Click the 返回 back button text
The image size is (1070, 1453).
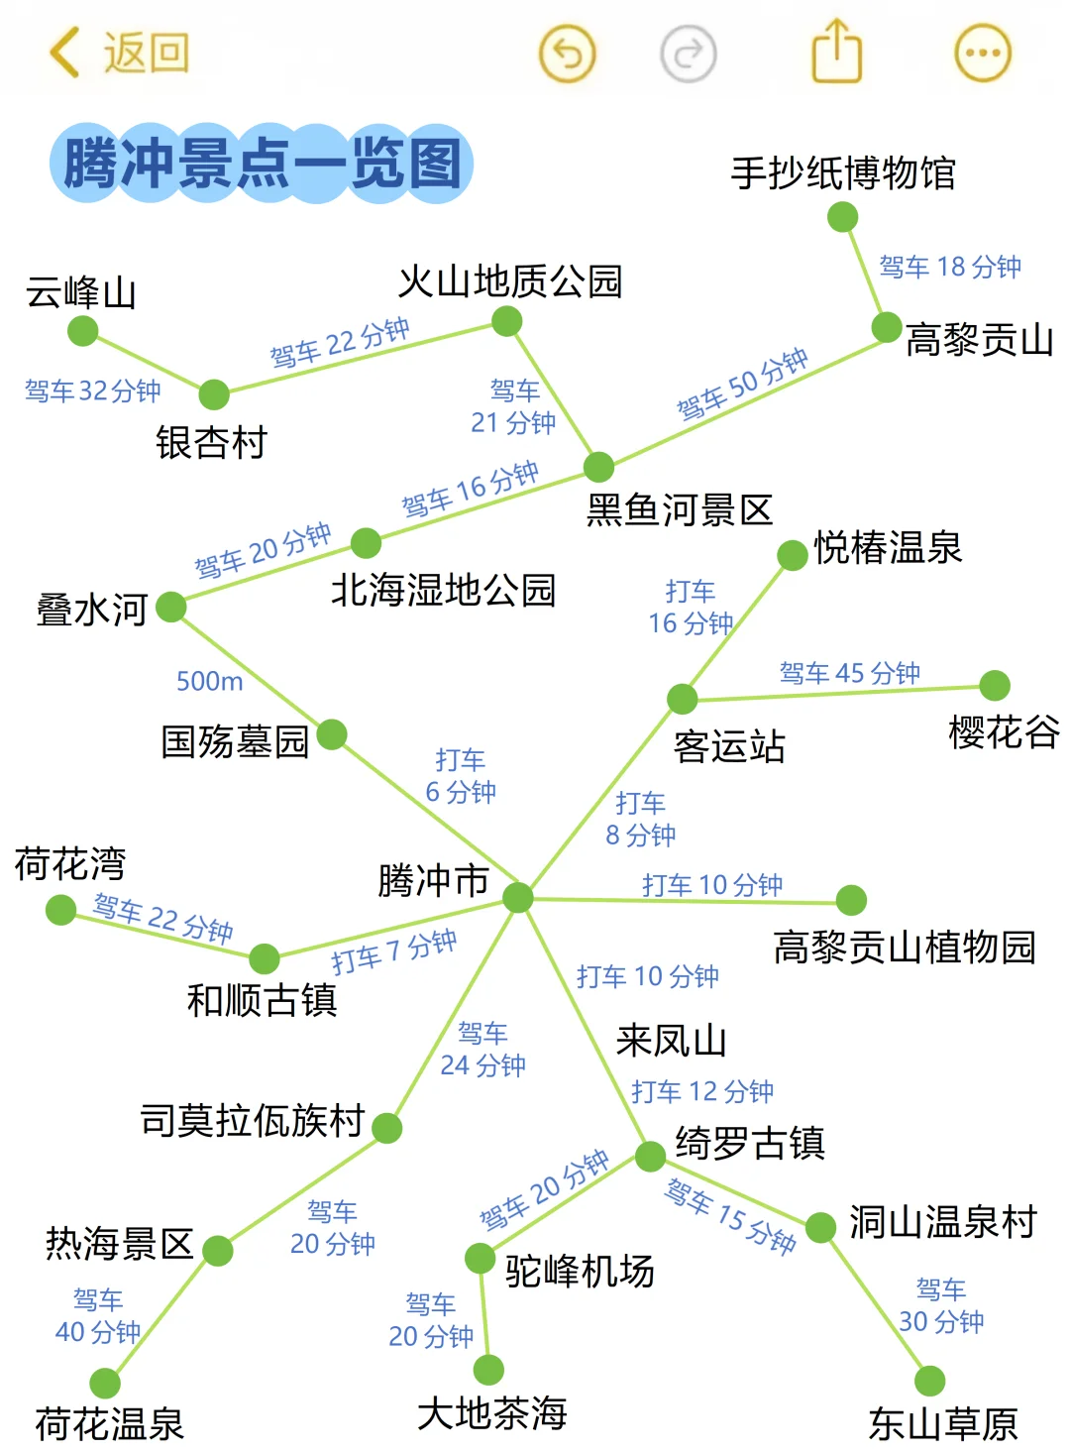pos(146,53)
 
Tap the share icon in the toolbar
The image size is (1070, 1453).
pos(837,52)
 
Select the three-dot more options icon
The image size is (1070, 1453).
pos(982,53)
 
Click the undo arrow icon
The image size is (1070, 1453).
pos(567,53)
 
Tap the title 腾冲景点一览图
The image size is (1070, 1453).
pos(263,164)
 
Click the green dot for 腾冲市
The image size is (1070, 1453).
pos(518,898)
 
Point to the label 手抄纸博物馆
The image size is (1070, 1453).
pos(843,173)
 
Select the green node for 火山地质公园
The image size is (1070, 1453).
pos(506,321)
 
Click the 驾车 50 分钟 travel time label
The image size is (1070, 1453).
pos(742,384)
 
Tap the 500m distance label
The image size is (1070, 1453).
pos(209,681)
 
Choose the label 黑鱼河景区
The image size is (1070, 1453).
pos(680,510)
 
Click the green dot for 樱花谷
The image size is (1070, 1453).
pos(994,685)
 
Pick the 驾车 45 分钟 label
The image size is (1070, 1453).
pos(849,673)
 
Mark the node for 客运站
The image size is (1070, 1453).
pos(682,699)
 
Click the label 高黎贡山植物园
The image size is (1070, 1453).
pos(904,948)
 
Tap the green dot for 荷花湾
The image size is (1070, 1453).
pos(60,909)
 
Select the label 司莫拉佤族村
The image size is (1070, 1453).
pos(253,1121)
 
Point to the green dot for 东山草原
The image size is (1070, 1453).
pos(929,1381)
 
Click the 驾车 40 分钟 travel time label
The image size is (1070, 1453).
pos(97,1315)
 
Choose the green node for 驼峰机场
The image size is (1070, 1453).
pos(481,1259)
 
